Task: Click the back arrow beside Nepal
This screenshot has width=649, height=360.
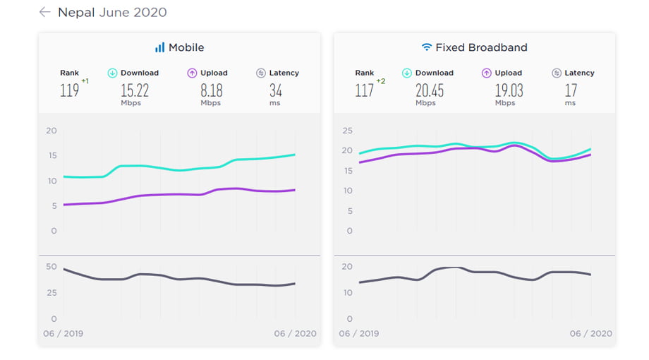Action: point(45,12)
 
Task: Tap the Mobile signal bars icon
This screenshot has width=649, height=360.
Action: point(159,47)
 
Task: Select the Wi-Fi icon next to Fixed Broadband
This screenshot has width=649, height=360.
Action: point(426,47)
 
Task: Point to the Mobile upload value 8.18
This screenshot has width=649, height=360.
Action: point(211,90)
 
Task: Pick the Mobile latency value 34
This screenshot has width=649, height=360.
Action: point(275,90)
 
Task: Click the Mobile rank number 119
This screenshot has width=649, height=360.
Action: point(69,90)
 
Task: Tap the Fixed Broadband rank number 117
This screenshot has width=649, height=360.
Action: point(364,90)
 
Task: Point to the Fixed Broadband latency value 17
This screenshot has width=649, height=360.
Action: point(570,90)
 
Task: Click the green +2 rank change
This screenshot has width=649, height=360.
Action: point(381,81)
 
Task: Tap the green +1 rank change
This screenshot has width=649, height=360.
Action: point(85,81)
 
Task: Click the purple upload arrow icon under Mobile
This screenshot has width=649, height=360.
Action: point(192,73)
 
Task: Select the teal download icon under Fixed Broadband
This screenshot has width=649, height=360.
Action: point(407,73)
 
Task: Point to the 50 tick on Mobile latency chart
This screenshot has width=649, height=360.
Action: point(51,266)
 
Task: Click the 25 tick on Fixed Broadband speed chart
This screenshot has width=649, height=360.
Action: point(346,131)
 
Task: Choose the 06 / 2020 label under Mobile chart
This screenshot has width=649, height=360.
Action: point(295,333)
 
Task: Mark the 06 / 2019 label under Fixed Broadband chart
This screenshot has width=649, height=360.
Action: point(358,333)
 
